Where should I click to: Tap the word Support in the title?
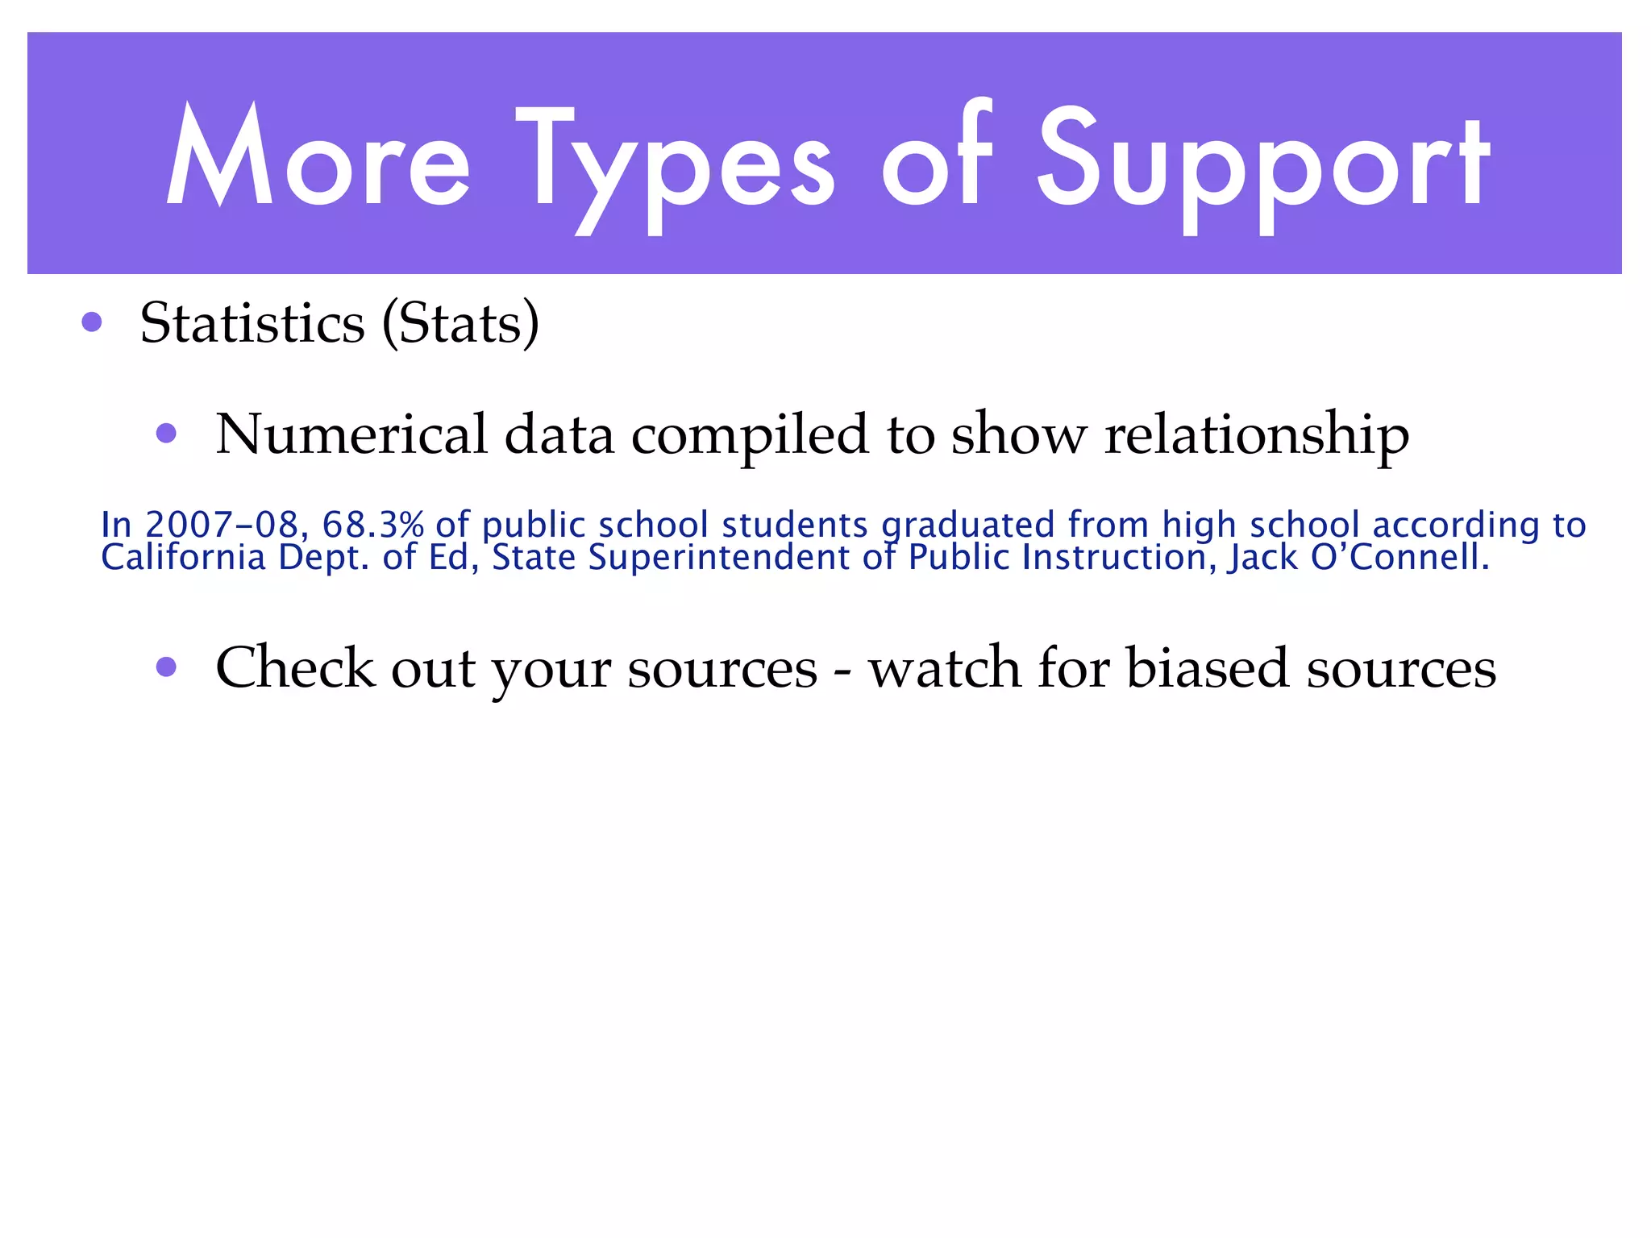coord(1262,165)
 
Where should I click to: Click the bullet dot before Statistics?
coord(92,322)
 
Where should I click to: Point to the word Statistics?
coord(252,323)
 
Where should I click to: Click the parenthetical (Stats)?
coord(460,323)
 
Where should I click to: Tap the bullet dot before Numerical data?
coord(166,434)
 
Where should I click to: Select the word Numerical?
coord(351,434)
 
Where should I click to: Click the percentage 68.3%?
coord(372,525)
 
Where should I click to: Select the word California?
coord(183,558)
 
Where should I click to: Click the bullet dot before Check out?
coord(166,667)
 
